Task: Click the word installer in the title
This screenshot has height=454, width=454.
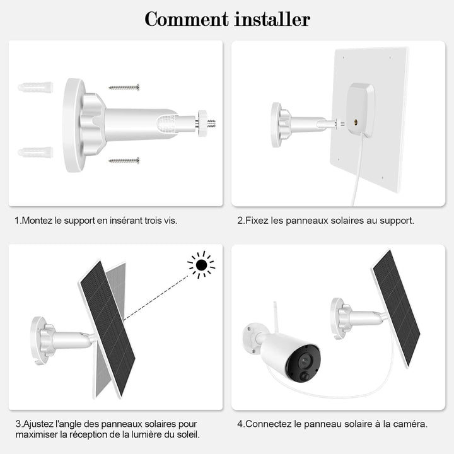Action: (271, 19)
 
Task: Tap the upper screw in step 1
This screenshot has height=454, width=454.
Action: (124, 87)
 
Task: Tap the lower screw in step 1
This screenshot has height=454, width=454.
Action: (124, 161)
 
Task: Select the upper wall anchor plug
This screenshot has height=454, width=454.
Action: (35, 87)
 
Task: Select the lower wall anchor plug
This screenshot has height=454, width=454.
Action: (35, 153)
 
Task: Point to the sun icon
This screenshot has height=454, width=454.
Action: (201, 265)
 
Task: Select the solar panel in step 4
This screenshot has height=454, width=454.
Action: (396, 308)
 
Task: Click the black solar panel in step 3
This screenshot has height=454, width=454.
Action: (107, 328)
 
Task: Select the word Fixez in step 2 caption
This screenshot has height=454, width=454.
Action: (257, 221)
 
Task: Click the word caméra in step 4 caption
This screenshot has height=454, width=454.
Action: (410, 424)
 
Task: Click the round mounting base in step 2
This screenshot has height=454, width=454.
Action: (276, 124)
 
